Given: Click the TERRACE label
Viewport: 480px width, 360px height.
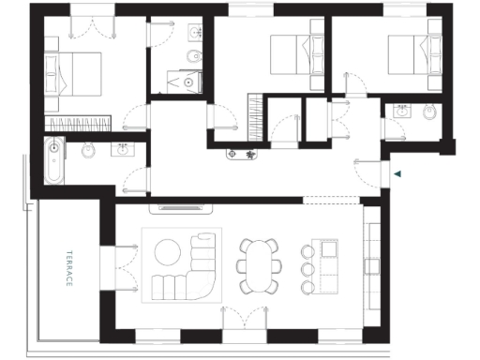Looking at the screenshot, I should click(69, 267).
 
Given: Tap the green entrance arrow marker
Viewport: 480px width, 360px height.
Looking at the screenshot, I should click(398, 173).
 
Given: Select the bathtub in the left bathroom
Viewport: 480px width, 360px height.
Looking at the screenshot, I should click(53, 161).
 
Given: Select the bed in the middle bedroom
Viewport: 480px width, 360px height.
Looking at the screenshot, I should click(288, 54).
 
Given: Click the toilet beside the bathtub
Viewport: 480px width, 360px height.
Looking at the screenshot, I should click(88, 149).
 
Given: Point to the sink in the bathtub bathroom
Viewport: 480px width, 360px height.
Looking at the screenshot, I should click(122, 148).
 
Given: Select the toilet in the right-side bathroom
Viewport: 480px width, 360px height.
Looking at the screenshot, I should click(428, 112).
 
